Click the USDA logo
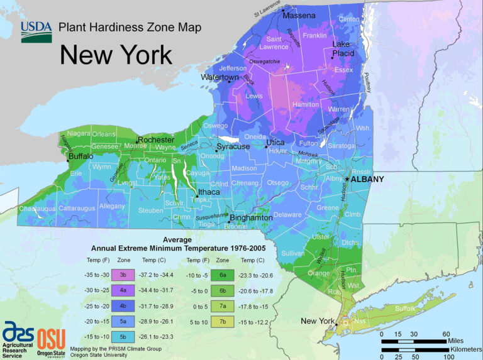pyautogui.click(x=36, y=31)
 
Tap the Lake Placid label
pyautogui.click(x=343, y=49)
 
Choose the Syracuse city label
pyautogui.click(x=233, y=146)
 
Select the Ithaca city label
pyautogui.click(x=209, y=192)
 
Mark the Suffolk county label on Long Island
pyautogui.click(x=405, y=308)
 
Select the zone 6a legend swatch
pyautogui.click(x=222, y=275)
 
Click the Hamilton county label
pyautogui.click(x=306, y=105)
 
